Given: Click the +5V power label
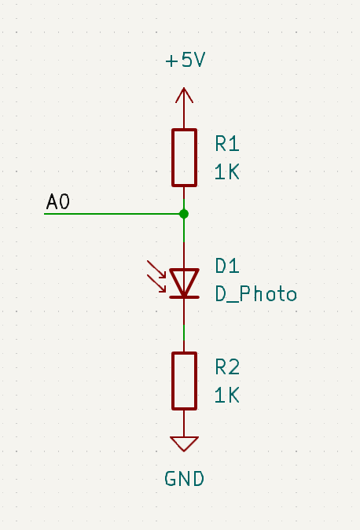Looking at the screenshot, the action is [186, 61].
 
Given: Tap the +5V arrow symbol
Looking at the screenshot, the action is [184, 95].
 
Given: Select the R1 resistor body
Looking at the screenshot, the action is [184, 157].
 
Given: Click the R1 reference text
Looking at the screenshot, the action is [227, 144].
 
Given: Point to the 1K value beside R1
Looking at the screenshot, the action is [227, 171].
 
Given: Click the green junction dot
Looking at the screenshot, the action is [184, 214].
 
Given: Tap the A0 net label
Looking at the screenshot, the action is [58, 202].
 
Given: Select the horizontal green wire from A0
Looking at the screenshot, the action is [114, 214].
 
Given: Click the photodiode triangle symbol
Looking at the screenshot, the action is [184, 282].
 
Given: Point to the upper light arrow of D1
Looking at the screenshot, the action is [156, 270].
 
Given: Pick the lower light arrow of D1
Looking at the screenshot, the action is [156, 283].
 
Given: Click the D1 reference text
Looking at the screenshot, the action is [227, 266].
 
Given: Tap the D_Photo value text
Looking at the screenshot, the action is [256, 294].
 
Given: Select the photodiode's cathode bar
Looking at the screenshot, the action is [184, 297].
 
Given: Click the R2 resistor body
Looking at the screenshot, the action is [184, 381].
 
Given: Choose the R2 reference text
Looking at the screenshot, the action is [227, 367].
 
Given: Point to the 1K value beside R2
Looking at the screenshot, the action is [227, 395].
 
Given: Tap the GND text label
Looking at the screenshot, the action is [185, 479].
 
